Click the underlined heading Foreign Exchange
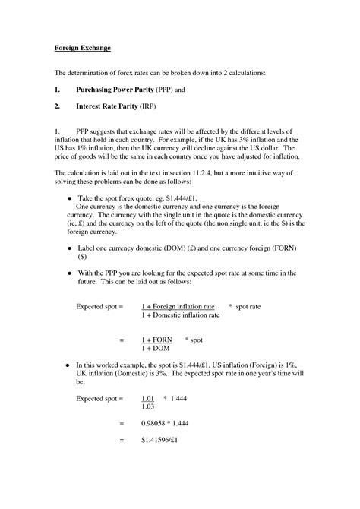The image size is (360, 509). (82, 49)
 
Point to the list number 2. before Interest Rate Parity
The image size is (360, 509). (57, 108)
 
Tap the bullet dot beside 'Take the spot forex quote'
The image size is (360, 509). (69, 196)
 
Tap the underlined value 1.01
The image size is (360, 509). (148, 397)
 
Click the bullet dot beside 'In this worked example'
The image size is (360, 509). (69, 365)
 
